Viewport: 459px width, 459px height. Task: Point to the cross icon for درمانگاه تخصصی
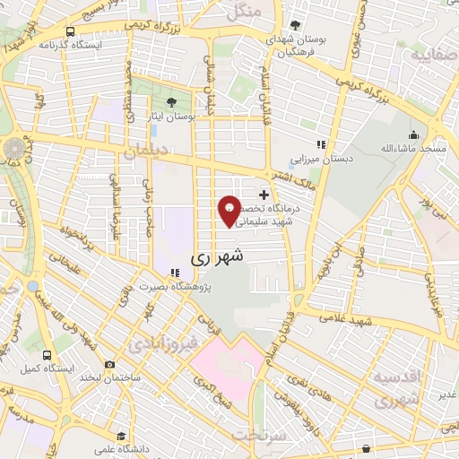click(264, 193)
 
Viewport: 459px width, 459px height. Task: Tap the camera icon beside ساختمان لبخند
click(109, 365)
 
